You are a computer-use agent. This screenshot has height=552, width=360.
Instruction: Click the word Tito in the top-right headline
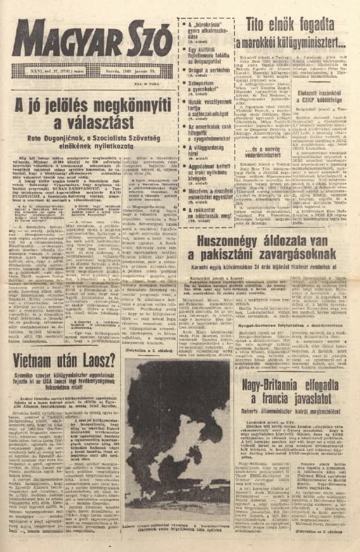point(252,26)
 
